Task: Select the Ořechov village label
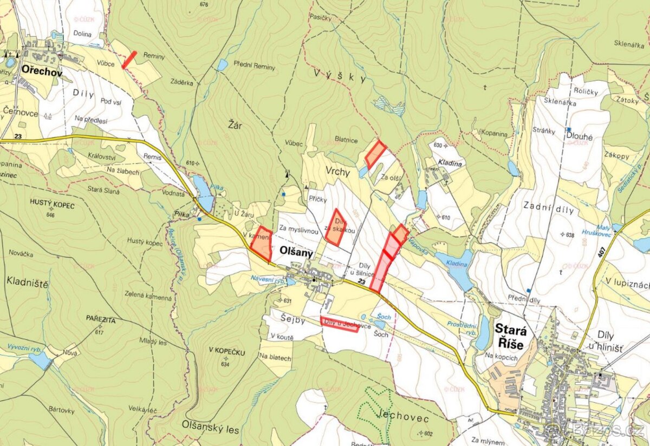click(42, 71)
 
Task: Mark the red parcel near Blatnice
click(374, 154)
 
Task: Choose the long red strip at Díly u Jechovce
click(339, 324)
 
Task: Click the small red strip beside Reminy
click(129, 60)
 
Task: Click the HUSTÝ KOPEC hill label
click(53, 206)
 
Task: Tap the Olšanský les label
click(211, 430)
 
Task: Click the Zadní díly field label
click(548, 205)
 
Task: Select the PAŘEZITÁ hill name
click(100, 320)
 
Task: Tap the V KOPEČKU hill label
click(227, 352)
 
